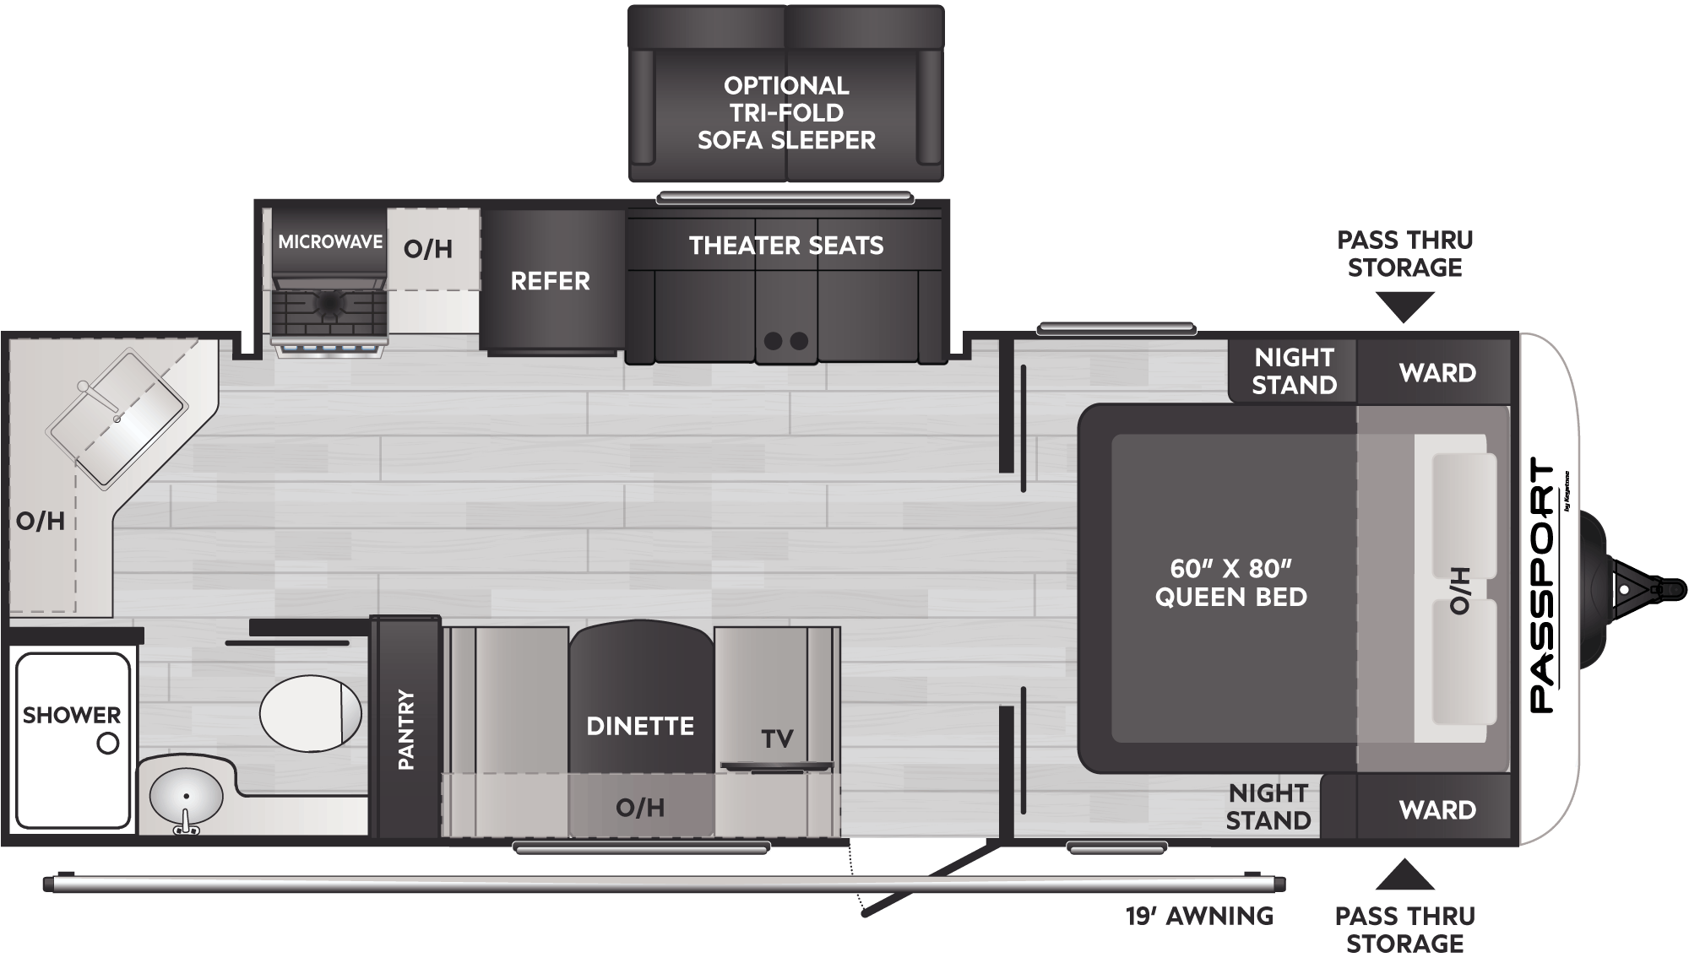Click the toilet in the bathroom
(x=310, y=713)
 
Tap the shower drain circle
(x=108, y=744)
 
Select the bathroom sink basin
(x=186, y=796)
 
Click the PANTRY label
(x=406, y=729)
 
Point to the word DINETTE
(x=640, y=726)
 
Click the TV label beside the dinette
(x=777, y=739)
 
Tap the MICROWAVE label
(x=330, y=242)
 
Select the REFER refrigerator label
(x=550, y=281)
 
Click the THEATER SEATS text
(x=786, y=246)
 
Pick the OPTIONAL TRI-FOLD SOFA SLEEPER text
(x=786, y=112)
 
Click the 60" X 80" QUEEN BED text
(x=1231, y=582)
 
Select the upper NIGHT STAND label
(x=1294, y=371)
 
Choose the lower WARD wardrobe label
(x=1437, y=810)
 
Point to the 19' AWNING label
(x=1199, y=916)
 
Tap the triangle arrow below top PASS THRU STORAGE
(x=1405, y=306)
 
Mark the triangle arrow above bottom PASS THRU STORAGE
(x=1405, y=876)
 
